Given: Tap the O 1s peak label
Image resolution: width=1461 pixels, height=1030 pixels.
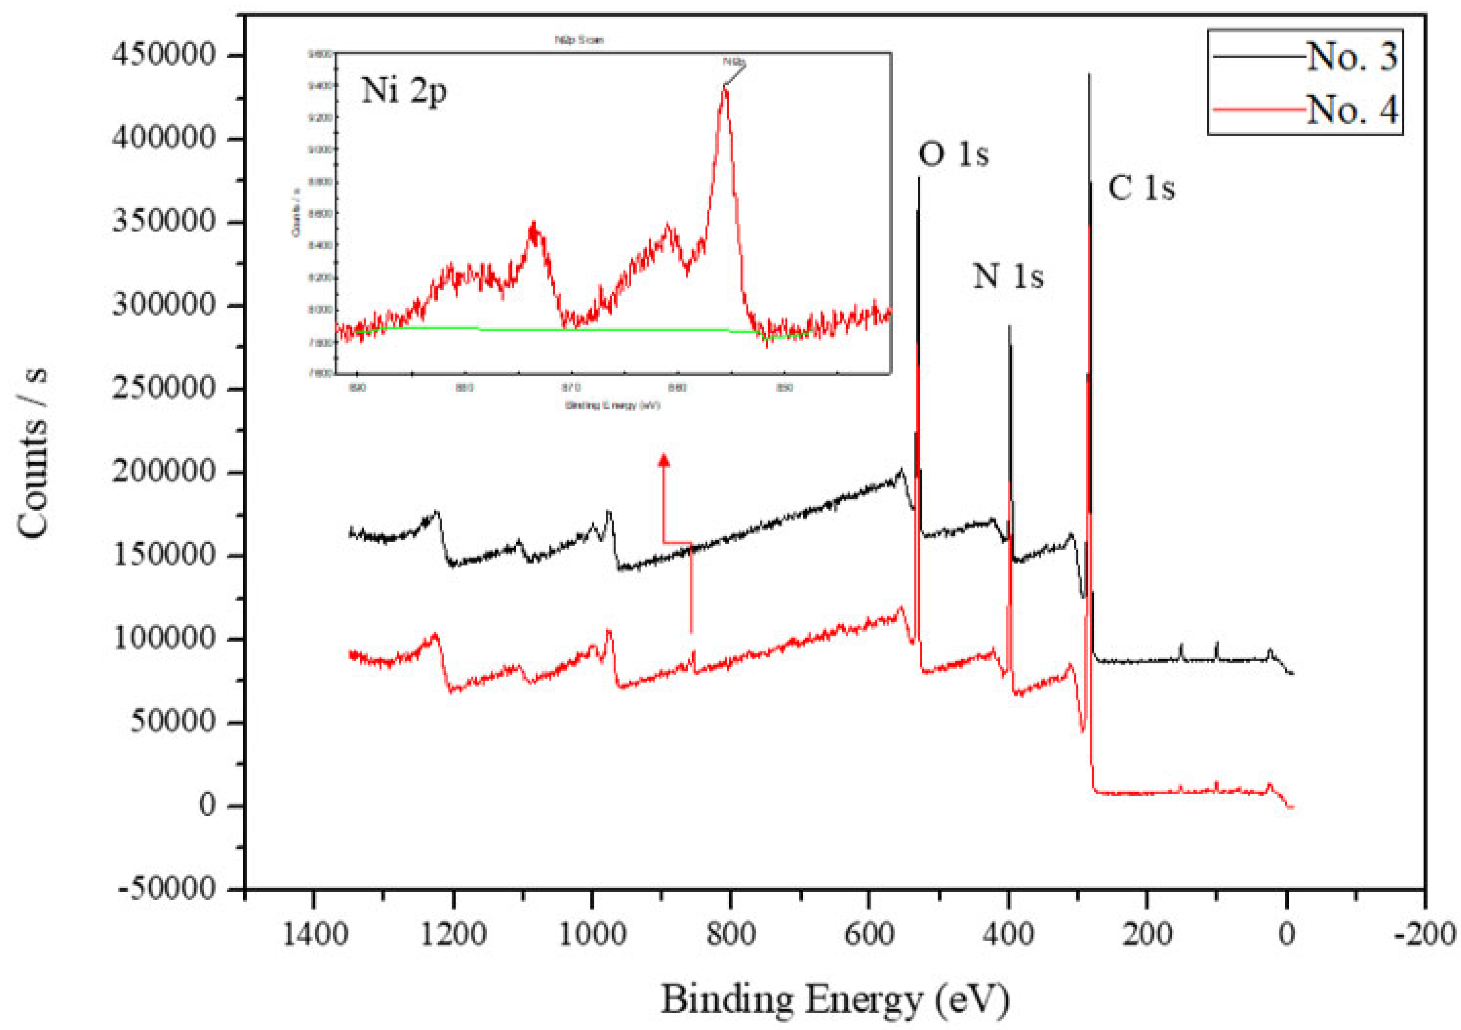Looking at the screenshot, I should point(953,154).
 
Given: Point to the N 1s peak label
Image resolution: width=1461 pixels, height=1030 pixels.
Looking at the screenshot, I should point(1008,276).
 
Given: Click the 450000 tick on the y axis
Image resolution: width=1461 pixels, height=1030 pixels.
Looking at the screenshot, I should point(164,55).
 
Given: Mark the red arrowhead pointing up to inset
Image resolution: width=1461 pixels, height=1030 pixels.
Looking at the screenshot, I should point(664,460).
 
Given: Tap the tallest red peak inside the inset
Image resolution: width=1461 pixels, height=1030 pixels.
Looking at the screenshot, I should point(724,89).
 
